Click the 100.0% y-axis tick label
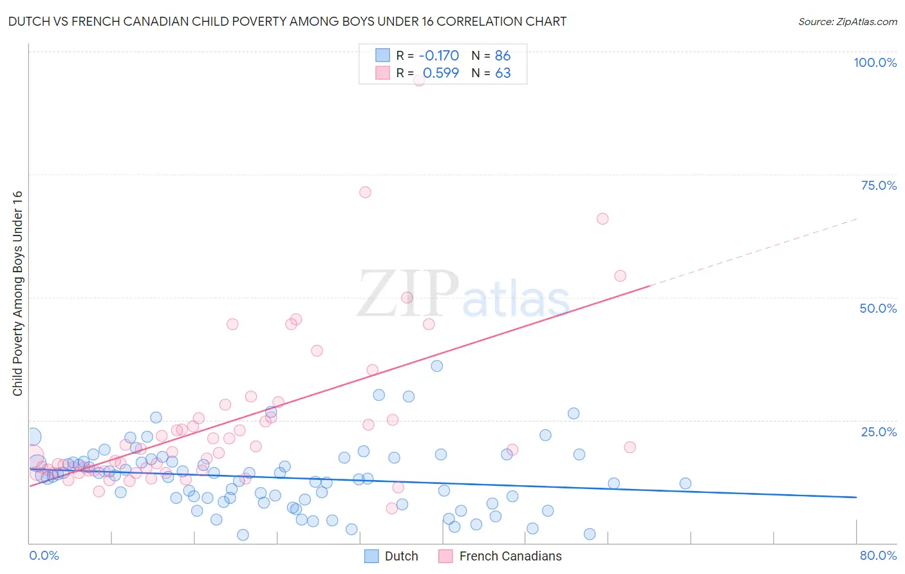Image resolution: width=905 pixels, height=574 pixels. pos(875,62)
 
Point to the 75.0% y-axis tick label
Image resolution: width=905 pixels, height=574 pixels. pos(879,185)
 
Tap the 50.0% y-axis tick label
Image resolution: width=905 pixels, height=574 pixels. pos(878,308)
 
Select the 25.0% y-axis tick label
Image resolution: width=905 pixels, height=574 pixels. pos(879,432)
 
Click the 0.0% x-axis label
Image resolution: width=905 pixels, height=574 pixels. pos(44,555)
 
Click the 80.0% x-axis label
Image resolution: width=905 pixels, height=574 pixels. pos(878,555)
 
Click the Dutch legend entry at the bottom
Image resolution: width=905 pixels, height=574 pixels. pos(400,556)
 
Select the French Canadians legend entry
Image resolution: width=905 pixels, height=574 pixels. pos(510,556)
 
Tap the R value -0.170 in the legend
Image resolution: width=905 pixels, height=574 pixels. pos(438,55)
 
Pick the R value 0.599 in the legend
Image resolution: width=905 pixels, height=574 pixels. pos(440,73)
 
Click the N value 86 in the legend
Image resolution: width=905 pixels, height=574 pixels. pos(503,55)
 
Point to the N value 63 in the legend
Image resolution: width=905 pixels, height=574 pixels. pos(503,73)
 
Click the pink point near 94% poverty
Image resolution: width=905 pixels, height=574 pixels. pos(419,80)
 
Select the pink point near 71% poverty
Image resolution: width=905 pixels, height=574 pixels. pos(365,192)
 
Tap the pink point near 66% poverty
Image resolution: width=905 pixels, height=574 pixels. pos(602,219)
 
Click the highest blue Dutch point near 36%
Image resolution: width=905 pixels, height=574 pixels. pos(437,366)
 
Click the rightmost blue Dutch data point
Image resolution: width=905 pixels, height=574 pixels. pos(686,483)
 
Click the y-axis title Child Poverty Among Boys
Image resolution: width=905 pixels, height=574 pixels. pos(17,293)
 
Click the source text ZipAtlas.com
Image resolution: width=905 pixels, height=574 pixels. pos(848,21)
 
